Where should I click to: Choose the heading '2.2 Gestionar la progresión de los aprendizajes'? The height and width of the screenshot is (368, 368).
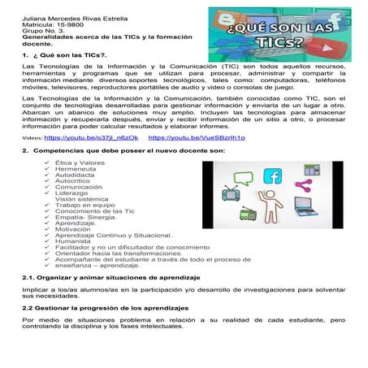[x=105, y=309]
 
